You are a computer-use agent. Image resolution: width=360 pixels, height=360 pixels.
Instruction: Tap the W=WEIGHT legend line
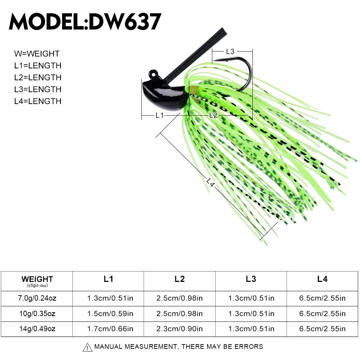pyautogui.click(x=37, y=54)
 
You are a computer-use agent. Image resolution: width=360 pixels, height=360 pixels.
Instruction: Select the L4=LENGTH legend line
pyautogui.click(x=38, y=101)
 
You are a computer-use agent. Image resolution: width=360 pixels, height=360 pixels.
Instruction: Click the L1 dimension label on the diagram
pyautogui.click(x=159, y=115)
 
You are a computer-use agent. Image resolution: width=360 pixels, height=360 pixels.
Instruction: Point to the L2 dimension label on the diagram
pyautogui.click(x=213, y=115)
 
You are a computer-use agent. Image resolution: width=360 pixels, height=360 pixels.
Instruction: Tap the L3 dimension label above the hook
pyautogui.click(x=230, y=51)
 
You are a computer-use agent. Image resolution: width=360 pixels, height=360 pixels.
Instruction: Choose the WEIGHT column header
pyautogui.click(x=37, y=279)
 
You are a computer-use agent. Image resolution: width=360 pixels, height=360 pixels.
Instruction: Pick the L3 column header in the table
pyautogui.click(x=251, y=279)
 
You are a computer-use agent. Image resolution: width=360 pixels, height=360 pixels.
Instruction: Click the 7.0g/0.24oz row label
pyautogui.click(x=37, y=298)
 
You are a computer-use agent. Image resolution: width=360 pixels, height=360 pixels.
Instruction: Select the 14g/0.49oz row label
pyautogui.click(x=37, y=329)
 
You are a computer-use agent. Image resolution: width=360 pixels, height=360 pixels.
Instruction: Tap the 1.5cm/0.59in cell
pyautogui.click(x=108, y=314)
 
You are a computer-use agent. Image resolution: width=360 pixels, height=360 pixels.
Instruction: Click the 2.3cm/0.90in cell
pyautogui.click(x=180, y=329)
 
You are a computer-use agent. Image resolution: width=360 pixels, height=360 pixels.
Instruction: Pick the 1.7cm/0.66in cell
pyautogui.click(x=108, y=329)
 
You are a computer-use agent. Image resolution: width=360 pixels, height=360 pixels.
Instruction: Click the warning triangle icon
pyautogui.click(x=87, y=347)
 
